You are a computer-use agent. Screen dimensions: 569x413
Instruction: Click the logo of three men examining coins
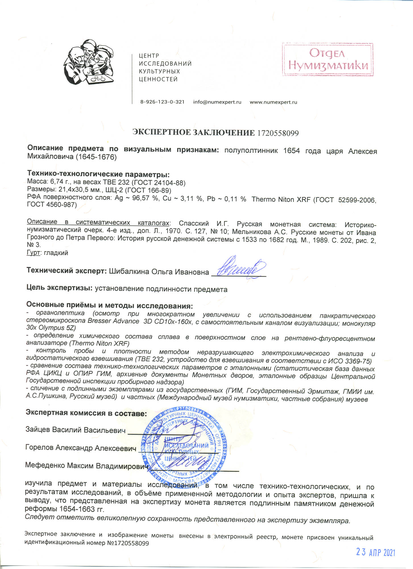click(89, 63)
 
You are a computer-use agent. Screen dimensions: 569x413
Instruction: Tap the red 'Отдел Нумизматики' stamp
click(327, 59)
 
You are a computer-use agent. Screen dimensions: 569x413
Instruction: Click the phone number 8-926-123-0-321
click(162, 102)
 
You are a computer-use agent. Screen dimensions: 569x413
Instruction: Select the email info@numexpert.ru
click(217, 102)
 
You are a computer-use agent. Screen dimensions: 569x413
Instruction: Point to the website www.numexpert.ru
click(273, 102)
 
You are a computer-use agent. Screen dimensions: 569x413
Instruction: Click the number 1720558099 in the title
click(278, 133)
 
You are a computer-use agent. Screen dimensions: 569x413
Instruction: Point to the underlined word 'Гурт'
click(33, 253)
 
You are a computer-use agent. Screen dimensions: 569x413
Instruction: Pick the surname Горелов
click(40, 448)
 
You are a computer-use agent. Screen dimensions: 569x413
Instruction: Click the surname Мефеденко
click(45, 465)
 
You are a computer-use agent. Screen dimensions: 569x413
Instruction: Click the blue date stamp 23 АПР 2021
click(375, 552)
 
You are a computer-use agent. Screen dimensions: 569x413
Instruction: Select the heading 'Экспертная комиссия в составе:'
click(86, 413)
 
